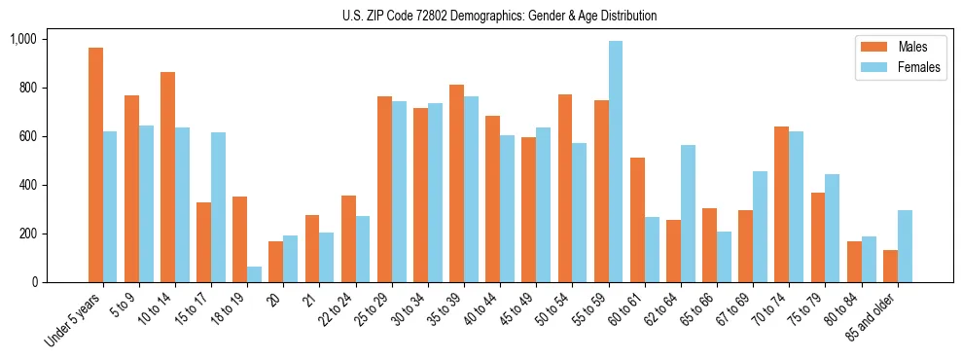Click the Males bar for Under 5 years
(95, 165)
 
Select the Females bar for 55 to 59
(615, 162)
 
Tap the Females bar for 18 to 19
(254, 274)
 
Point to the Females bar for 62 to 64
(688, 213)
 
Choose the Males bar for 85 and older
(890, 266)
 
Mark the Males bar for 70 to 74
(781, 204)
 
